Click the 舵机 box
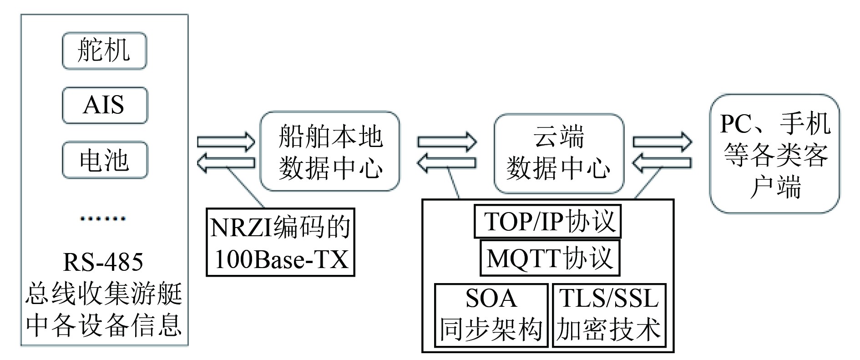tap(104, 51)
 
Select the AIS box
tap(104, 105)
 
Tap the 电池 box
tap(104, 160)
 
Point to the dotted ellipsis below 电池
tap(103, 218)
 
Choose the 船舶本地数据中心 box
tap(329, 152)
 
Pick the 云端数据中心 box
tap(558, 153)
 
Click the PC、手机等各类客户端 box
tap(774, 154)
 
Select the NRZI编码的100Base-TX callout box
tap(280, 242)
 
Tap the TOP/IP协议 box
tap(547, 222)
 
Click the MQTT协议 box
tap(550, 258)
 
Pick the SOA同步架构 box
tap(491, 315)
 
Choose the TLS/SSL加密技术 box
tap(609, 315)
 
